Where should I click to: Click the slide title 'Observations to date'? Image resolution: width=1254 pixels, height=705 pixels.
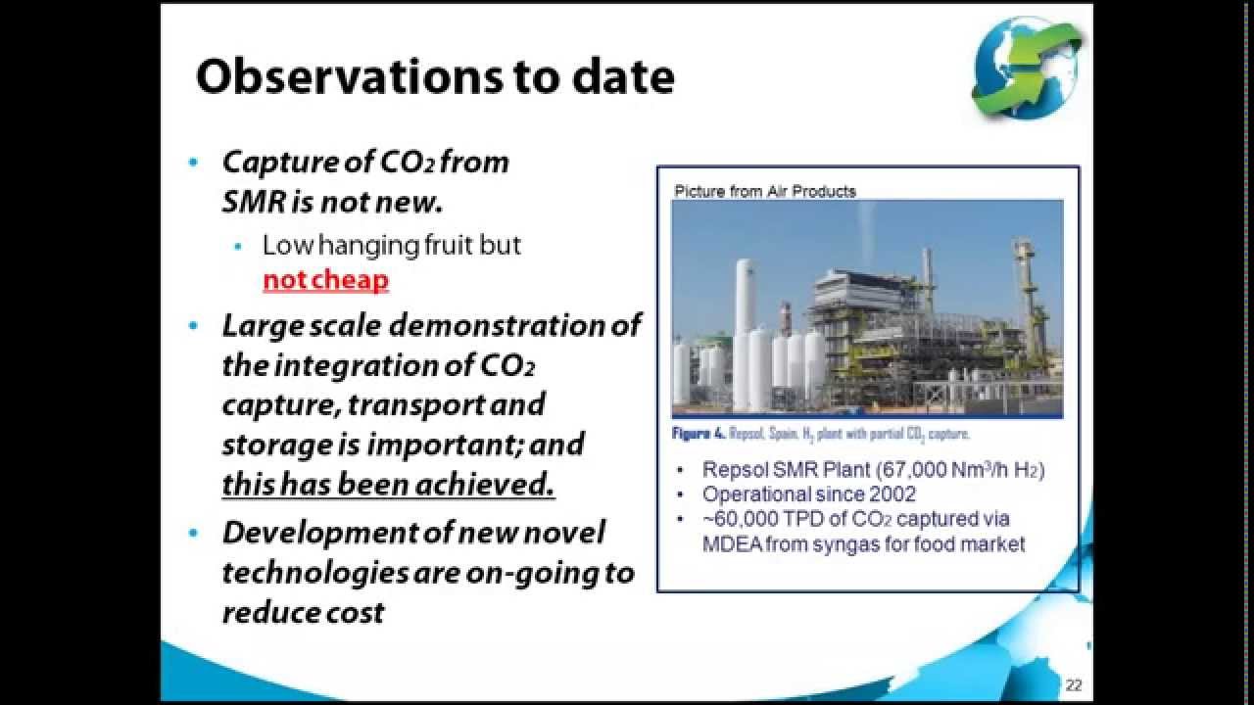pos(435,77)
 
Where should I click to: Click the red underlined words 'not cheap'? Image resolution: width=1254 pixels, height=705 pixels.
pos(325,280)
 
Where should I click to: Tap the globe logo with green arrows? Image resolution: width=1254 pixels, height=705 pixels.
pos(1027,67)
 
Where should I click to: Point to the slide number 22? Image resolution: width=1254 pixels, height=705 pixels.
pos(1074,685)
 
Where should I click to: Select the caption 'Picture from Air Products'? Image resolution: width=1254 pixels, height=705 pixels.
pos(764,191)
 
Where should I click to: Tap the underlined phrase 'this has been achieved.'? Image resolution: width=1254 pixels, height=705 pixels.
pos(388,484)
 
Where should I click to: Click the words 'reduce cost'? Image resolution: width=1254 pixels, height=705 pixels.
pos(303,612)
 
